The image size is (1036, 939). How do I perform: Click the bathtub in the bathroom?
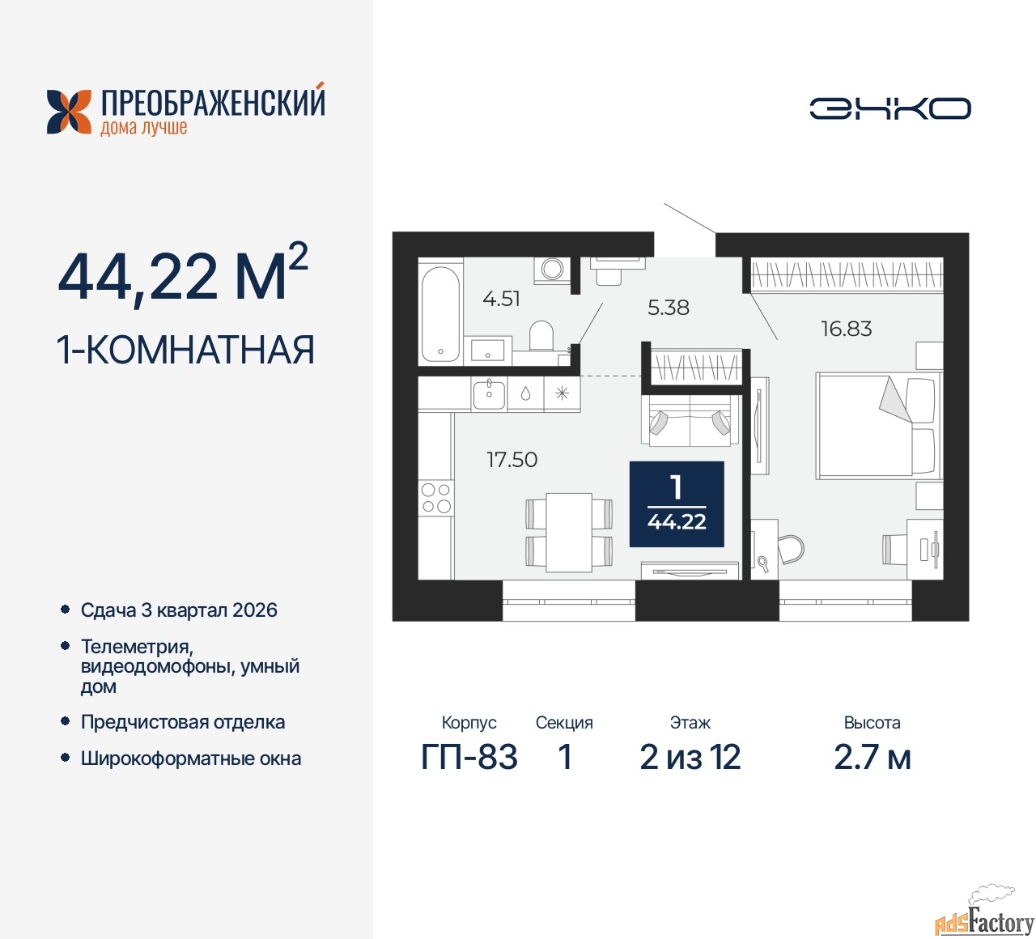point(440,314)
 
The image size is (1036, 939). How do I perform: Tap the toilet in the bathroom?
point(541,336)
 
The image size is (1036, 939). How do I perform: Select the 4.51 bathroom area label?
point(501,299)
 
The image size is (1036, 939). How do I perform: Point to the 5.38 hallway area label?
point(668,308)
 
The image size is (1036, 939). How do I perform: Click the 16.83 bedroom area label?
point(846,329)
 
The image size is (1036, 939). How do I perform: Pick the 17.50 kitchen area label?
point(512,459)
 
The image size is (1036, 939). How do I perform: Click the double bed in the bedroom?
point(878,426)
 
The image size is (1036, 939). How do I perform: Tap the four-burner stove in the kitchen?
point(436,497)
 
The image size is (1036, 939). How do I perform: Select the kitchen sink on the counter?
point(489,394)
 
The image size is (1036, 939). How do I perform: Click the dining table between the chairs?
point(569,532)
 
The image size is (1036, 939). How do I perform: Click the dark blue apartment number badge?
point(676,503)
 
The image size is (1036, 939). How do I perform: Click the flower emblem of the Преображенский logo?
point(69,112)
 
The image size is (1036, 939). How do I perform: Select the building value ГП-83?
point(469,757)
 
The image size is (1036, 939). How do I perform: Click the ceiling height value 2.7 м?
point(872,757)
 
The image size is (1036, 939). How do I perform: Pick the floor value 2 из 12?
point(690,757)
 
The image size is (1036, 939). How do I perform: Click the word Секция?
point(564,723)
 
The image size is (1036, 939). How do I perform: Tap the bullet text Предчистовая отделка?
point(183,722)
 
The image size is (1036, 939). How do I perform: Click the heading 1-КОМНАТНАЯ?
point(186,350)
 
